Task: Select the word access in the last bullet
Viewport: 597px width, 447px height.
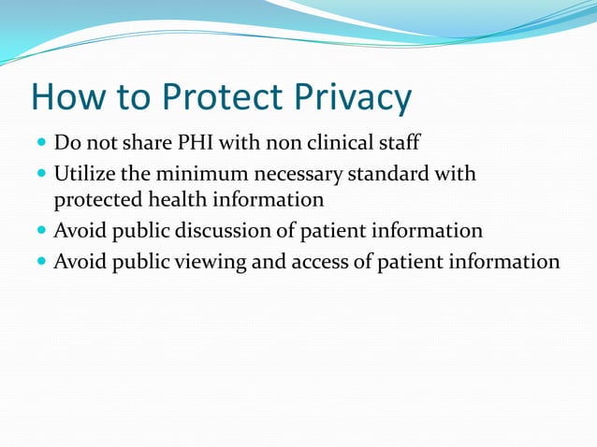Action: [x=316, y=261]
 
